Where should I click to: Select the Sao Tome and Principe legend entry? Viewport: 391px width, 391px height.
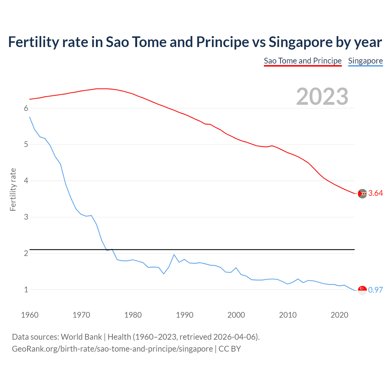click(302, 61)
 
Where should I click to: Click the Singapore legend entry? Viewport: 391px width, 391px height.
click(365, 61)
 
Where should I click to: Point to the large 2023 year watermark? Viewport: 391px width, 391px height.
click(322, 97)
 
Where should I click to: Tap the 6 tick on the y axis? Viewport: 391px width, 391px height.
click(26, 108)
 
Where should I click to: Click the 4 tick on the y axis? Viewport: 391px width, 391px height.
click(26, 181)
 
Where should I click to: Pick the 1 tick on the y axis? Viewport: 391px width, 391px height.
click(26, 290)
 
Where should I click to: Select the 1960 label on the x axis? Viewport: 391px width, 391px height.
click(30, 315)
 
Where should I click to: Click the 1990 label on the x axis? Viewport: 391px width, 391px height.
click(185, 315)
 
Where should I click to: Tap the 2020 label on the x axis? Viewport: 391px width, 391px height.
click(339, 315)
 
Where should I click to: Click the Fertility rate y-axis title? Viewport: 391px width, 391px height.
click(13, 189)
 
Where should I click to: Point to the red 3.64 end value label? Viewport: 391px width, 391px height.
click(375, 193)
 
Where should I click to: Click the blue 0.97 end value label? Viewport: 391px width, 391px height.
click(375, 290)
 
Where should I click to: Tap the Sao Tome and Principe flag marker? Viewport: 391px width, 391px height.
click(362, 193)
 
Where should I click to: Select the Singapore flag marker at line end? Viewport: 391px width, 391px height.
click(362, 290)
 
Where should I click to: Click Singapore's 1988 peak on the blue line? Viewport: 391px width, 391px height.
click(174, 254)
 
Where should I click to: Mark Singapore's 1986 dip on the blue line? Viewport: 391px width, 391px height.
click(164, 274)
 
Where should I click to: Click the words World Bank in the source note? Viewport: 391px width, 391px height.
click(81, 337)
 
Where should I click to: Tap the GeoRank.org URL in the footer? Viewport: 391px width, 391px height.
click(112, 349)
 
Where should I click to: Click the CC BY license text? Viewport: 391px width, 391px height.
click(230, 349)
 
